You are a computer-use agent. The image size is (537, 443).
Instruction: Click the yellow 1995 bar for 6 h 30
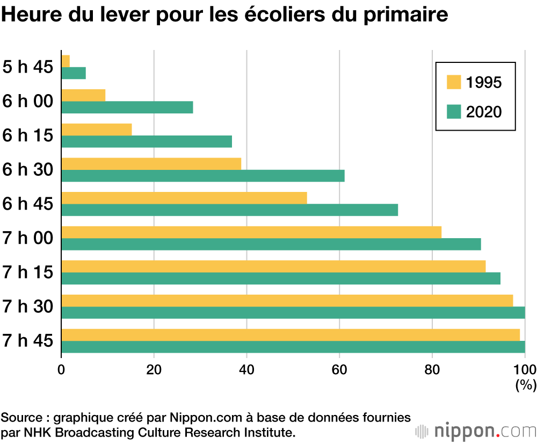151,163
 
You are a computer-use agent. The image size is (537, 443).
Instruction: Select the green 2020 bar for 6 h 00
127,107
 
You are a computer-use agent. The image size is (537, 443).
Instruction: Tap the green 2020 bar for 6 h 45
230,210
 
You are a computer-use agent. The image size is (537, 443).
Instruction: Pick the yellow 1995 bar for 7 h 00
251,232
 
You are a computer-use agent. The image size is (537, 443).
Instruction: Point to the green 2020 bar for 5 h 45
74,73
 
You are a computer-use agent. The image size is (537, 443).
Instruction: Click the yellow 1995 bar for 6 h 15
97,130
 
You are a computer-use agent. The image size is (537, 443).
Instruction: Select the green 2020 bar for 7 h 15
281,278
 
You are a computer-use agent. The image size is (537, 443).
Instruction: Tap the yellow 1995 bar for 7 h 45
291,334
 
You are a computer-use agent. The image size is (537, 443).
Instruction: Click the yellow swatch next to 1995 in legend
454,83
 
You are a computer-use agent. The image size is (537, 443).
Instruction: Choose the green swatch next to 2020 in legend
454,112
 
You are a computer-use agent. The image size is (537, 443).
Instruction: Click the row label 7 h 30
28,307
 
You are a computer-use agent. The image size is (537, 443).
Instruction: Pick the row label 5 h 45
28,67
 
